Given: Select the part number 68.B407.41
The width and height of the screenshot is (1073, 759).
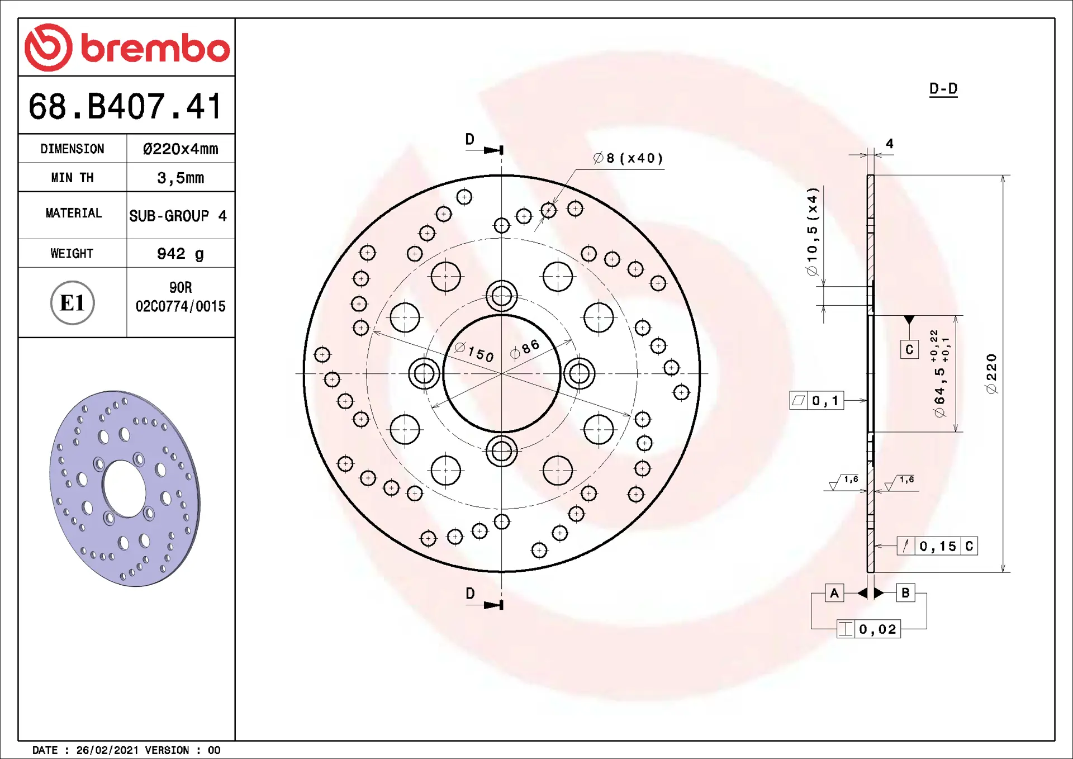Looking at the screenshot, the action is click(126, 106).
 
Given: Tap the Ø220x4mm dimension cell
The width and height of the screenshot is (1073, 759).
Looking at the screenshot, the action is click(181, 149).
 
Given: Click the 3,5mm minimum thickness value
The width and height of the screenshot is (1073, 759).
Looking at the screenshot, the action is click(181, 178).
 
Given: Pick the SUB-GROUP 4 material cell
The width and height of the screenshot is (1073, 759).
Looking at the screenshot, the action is click(178, 216).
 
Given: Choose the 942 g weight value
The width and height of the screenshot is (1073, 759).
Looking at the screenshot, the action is click(181, 254).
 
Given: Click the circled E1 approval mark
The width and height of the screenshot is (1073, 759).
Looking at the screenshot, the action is click(73, 302).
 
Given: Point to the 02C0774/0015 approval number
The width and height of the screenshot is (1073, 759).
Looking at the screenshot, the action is click(181, 306).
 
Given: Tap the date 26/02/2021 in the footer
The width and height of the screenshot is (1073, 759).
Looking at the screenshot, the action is click(107, 750).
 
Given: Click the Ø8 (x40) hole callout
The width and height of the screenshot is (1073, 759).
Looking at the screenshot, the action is click(628, 158).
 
